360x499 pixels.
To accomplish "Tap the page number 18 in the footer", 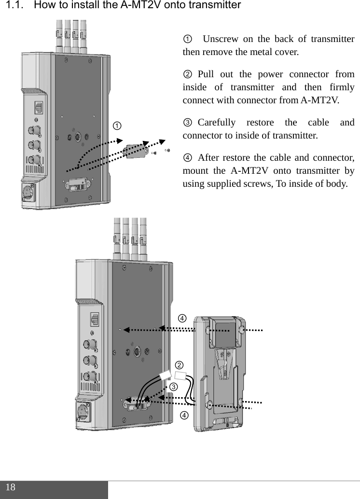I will tap(11, 487).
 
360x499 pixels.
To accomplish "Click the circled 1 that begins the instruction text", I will tap(187, 40).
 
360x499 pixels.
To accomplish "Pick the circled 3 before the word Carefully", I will tap(187, 123).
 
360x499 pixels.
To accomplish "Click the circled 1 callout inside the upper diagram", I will tap(117, 125).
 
